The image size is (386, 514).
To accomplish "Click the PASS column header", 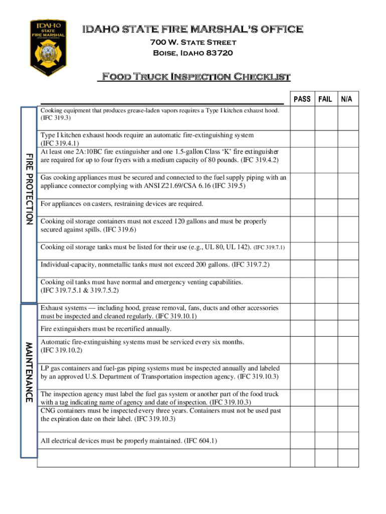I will coord(302,99).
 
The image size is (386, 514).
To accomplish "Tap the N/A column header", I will coord(347,99).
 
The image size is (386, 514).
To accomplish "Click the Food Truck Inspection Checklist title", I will coord(196,77).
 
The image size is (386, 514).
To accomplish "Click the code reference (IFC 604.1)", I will coord(201,441).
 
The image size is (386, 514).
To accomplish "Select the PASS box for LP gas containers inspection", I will coord(302,372).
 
